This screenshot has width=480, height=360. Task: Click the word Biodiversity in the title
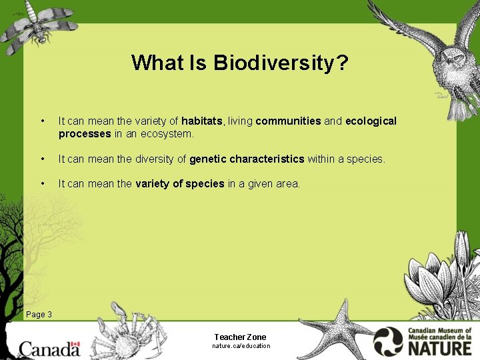pos(281,63)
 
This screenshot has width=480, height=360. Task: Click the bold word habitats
pos(203,121)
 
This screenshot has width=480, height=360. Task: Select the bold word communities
pos(288,121)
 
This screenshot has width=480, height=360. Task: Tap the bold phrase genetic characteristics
pos(247,159)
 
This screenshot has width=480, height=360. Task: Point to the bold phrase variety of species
pos(179,183)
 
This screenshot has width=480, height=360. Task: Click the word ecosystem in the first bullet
pos(169,133)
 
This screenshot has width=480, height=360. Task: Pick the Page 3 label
pos(39,314)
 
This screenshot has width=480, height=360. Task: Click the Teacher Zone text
pos(240,337)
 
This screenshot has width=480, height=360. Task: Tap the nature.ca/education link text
pos(241,346)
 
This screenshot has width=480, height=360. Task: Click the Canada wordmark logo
pos(49,348)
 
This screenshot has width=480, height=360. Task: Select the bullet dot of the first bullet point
pos(43,121)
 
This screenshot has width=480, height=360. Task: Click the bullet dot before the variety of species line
pos(43,183)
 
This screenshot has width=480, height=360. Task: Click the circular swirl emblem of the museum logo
pos(389,341)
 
